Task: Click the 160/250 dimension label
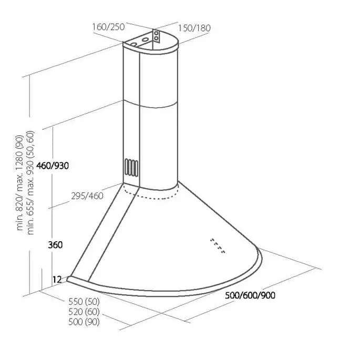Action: [108, 27]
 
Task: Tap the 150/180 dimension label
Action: [194, 28]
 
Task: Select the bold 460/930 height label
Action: [53, 166]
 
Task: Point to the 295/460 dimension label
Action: [87, 196]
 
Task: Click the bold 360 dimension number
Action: [55, 245]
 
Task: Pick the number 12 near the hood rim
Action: [57, 280]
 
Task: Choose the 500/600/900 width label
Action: [250, 295]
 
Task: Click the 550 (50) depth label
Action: [84, 302]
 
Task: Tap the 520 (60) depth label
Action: [84, 312]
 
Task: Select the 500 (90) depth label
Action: [84, 322]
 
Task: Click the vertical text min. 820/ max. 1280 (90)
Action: [19, 183]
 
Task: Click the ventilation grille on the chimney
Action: [131, 167]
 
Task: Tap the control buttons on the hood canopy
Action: [218, 246]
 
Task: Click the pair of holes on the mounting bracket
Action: [156, 36]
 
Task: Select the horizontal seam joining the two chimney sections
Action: [150, 104]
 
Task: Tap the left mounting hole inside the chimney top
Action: [134, 44]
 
